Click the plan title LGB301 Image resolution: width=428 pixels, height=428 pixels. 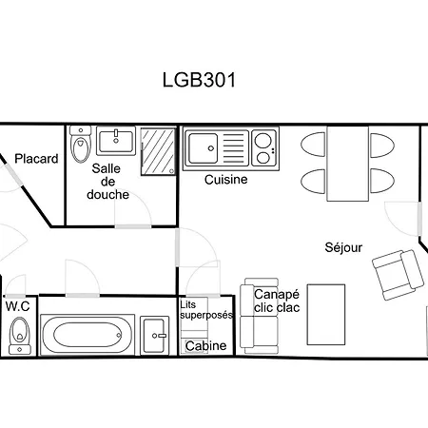[199, 80]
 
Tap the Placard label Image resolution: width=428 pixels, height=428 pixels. [36, 159]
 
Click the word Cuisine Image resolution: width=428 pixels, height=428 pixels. [225, 180]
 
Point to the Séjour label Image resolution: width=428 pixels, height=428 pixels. [343, 247]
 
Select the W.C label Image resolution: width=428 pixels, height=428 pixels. [18, 306]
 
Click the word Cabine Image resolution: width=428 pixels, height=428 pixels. [206, 345]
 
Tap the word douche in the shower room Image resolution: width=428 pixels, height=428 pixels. [107, 194]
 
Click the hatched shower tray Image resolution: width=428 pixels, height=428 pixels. [158, 151]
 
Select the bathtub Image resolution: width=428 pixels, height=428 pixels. [88, 335]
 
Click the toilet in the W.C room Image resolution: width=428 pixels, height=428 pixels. [20, 336]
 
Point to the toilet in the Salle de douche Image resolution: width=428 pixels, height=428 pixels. [81, 145]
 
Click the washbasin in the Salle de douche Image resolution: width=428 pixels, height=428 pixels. [116, 141]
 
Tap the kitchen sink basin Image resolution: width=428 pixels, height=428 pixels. [204, 148]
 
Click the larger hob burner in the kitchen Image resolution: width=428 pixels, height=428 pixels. [263, 140]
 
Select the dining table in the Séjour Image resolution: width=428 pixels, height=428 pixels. [347, 164]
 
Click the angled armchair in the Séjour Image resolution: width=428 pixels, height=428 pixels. [398, 275]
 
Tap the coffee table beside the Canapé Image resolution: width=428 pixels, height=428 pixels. [326, 315]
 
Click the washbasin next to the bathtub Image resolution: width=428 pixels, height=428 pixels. [154, 336]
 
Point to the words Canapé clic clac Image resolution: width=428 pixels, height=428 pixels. [277, 301]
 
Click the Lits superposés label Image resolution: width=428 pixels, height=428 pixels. [206, 310]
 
